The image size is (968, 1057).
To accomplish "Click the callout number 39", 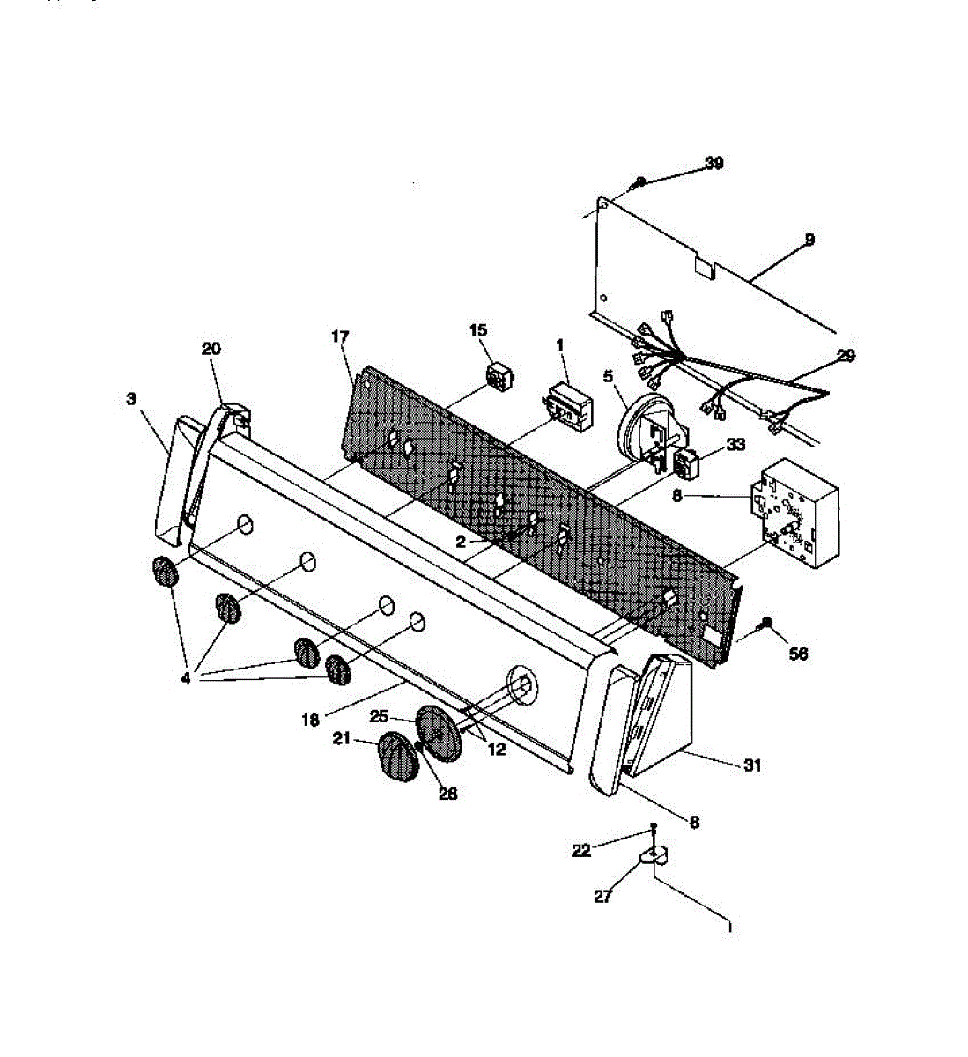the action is pos(713,164).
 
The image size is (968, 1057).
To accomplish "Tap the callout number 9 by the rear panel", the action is pos(809,239).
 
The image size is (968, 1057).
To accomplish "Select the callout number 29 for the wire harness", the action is pos(846,356).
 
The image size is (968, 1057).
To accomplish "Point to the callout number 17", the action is pos(340,336).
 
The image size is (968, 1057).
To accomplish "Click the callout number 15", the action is pos(477,330).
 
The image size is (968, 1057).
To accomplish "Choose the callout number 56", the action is pos(798,653).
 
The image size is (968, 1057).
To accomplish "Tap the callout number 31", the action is pos(751,765).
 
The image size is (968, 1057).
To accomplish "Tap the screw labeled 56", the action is pos(766,624).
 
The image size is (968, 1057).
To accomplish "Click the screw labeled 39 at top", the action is pos(639,183).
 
